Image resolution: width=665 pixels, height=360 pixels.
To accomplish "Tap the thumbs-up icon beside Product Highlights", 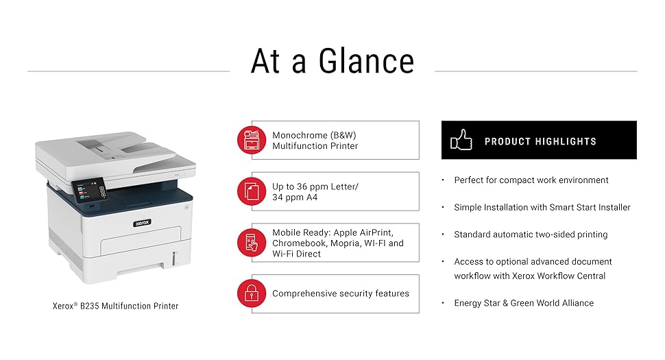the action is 461,140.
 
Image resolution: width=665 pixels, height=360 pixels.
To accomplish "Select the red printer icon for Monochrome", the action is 252,140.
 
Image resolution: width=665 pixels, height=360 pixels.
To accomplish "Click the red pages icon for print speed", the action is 252,191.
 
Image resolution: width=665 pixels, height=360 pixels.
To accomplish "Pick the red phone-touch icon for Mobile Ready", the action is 252,243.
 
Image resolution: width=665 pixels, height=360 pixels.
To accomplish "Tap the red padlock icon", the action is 252,293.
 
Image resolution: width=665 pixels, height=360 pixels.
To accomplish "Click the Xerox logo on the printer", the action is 141,222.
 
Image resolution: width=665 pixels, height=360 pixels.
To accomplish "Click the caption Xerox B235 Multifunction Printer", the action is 115,306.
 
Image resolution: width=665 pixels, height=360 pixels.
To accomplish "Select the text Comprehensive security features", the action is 340,293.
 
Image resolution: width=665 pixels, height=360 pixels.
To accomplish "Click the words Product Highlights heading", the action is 540,141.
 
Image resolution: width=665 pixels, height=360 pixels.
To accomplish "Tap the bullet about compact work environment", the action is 531,180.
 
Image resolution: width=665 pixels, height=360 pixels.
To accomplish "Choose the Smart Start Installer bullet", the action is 542,207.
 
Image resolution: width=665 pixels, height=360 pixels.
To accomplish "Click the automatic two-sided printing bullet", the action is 531,235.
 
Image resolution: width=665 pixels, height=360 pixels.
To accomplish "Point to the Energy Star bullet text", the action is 524,303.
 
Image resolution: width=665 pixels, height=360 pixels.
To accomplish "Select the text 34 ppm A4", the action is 295,197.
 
